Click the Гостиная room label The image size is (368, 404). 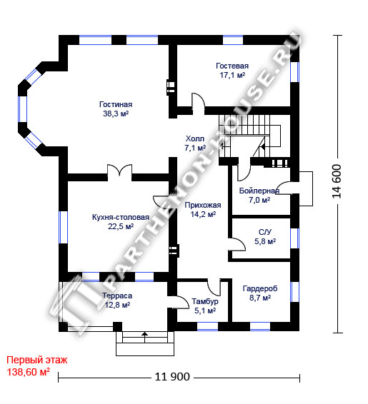coord(116,105)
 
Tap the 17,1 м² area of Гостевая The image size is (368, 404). coord(232,75)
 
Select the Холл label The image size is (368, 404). coord(195,139)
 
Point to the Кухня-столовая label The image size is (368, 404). coord(121,217)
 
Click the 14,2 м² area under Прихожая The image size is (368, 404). coord(203,214)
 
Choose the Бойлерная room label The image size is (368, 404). coord(259,191)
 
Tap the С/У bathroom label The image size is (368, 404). coord(265,232)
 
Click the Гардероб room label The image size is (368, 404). coord(260,288)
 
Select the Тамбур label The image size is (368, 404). coord(205,301)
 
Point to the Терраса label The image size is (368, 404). coord(117,296)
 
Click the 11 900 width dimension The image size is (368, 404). coord(172,377)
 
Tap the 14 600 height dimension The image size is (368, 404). coord(337,181)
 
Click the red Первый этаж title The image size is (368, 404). coord(37,360)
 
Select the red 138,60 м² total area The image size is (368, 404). coord(28,372)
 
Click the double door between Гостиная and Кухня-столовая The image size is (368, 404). coord(119,171)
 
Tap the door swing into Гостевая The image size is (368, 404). coord(198,103)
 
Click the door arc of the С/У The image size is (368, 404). coord(239,243)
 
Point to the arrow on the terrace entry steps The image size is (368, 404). coord(145,337)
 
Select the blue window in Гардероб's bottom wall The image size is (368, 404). coord(260,326)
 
